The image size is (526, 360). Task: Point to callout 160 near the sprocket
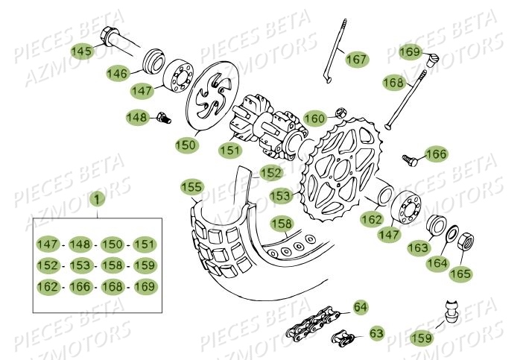pyautogui.click(x=314, y=119)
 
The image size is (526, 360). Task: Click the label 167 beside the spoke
pyautogui.click(x=357, y=59)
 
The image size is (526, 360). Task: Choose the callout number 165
pyautogui.click(x=460, y=274)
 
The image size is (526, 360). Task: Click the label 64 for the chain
pyautogui.click(x=360, y=307)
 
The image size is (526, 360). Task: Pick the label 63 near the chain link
pyautogui.click(x=376, y=333)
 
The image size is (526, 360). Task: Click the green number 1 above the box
pyautogui.click(x=95, y=199)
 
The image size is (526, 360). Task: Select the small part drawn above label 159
pyautogui.click(x=449, y=309)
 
